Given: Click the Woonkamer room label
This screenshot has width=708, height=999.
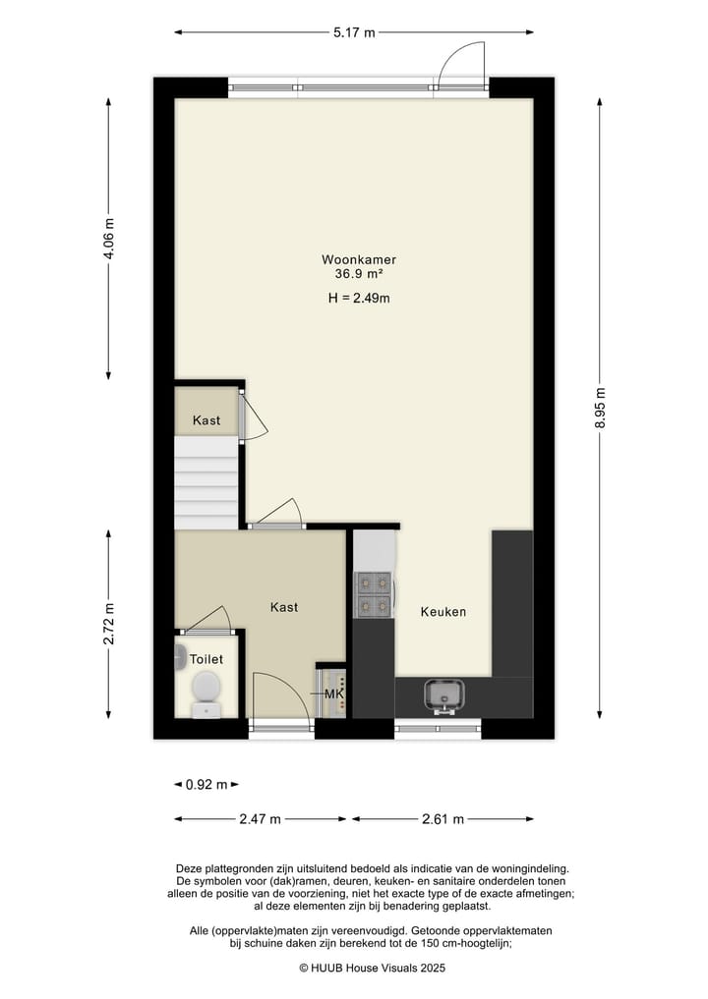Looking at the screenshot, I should tap(359, 259).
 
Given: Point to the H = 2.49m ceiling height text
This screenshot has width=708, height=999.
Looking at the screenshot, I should tap(359, 299).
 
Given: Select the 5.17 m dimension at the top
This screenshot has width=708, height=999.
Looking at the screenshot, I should tap(354, 32).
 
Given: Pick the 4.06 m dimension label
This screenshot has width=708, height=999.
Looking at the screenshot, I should tap(108, 238).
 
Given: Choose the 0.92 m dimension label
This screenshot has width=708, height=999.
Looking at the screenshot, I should tap(206, 785).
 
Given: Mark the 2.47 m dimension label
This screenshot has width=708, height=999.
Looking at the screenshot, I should tap(261, 819).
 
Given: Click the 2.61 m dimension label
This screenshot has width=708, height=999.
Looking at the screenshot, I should tap(442, 819).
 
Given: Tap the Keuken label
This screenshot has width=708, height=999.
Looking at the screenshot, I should tap(443, 612).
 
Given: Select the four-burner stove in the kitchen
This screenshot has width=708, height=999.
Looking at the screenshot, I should tap(374, 593).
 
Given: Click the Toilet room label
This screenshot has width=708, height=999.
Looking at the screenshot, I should tap(206, 660).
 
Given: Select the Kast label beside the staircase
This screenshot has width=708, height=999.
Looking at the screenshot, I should tap(206, 420).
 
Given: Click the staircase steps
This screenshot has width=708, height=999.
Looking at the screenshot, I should tap(206, 483).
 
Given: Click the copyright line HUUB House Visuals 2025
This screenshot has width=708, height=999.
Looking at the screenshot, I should tap(373, 968).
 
